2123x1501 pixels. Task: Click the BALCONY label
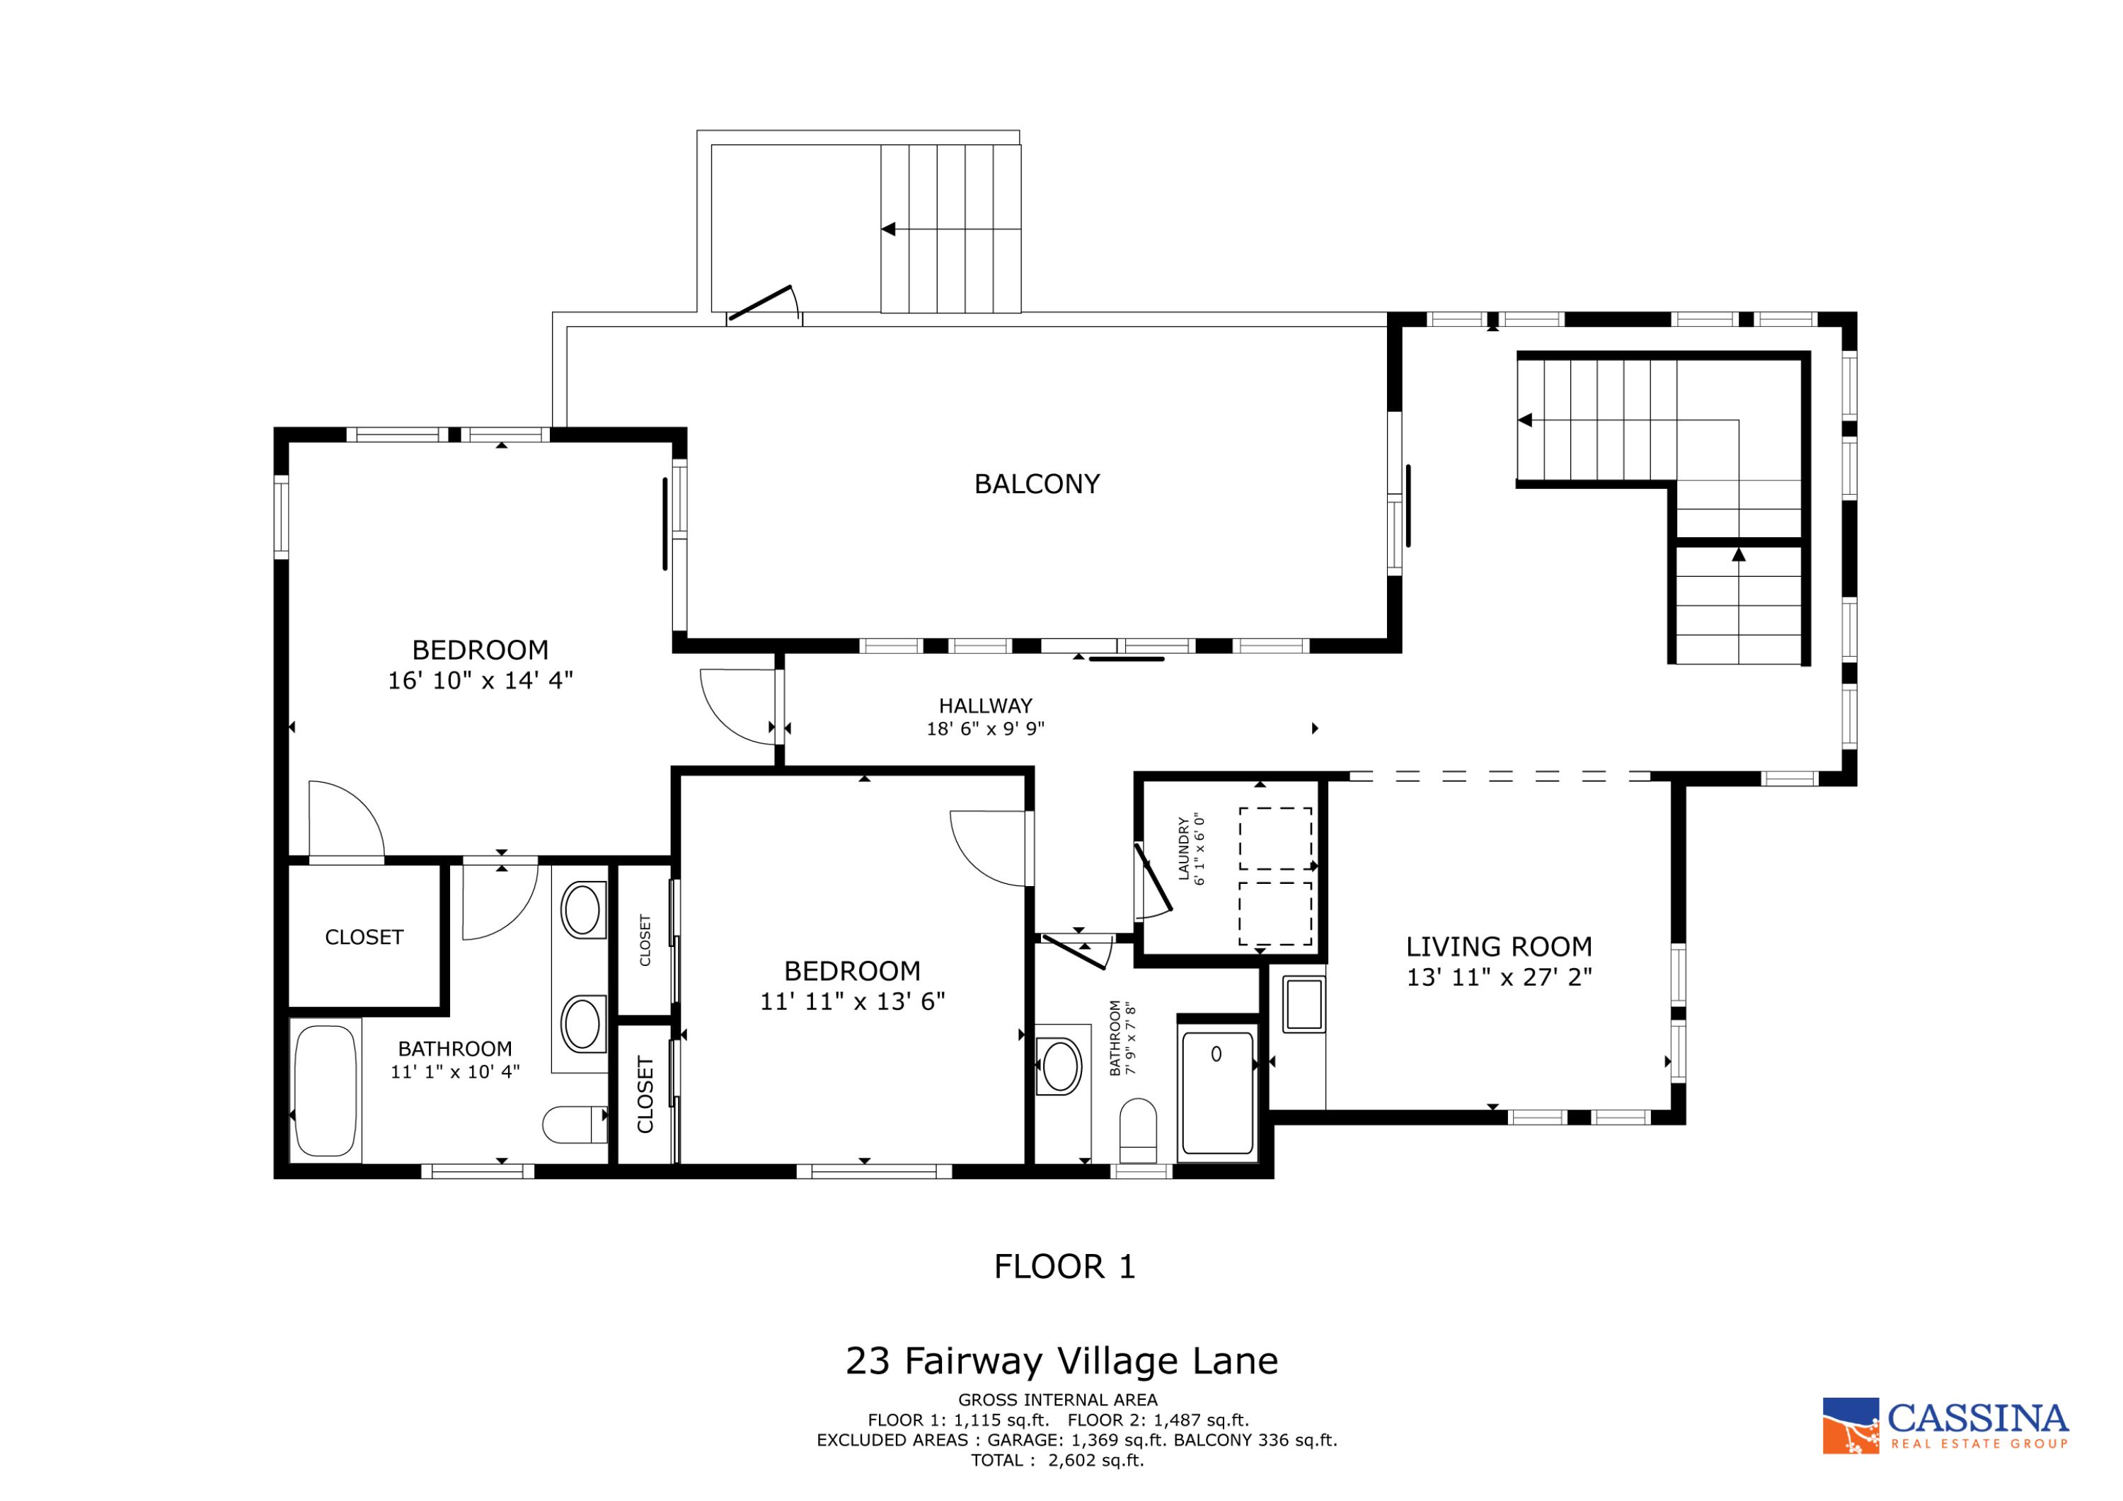1037,483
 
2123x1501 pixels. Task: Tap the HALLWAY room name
985,706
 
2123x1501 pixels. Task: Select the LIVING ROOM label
1498,946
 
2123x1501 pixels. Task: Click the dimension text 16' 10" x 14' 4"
480,681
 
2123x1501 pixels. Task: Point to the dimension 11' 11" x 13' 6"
851,1001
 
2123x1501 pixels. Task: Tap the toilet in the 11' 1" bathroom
574,1125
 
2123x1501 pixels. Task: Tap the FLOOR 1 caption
1064,1266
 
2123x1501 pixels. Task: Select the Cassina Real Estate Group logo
1944,1425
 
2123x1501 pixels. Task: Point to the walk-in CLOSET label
364,937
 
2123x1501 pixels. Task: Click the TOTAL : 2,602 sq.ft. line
1057,1460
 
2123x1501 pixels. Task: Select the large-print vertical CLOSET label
645,1094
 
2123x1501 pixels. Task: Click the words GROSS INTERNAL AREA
1057,1401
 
